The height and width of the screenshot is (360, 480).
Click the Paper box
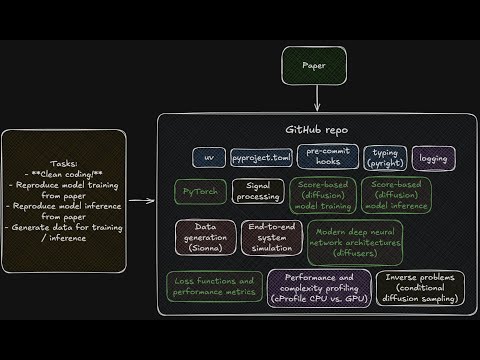tap(319, 67)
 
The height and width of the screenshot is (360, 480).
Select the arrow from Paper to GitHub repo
tap(319, 99)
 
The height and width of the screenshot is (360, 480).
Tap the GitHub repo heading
tap(318, 130)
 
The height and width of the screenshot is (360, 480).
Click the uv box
tap(209, 158)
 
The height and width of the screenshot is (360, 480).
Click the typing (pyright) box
tap(385, 157)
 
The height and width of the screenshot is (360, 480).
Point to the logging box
tap(434, 158)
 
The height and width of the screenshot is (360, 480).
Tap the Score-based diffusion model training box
tap(322, 197)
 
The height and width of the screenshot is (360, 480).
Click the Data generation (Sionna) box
tap(205, 238)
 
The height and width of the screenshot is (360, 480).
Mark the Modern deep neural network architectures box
tap(355, 242)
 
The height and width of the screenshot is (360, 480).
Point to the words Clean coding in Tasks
tap(64, 174)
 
